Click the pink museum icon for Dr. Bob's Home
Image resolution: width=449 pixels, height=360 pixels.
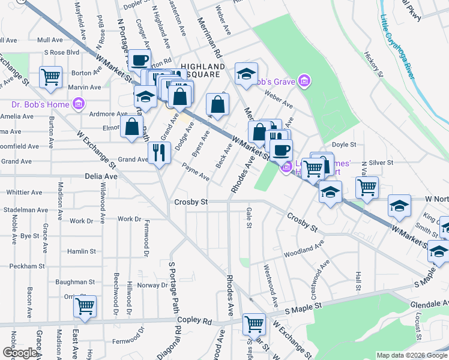coord(77,105)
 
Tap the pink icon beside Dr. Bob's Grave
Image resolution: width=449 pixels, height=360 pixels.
coord(304,81)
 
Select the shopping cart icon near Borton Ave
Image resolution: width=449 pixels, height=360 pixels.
coord(51,76)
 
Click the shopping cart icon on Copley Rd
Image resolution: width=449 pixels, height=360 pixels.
coord(254,324)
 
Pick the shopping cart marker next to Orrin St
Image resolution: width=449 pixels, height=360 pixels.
coord(85,305)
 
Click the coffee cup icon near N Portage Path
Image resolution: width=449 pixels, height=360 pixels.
coord(139,60)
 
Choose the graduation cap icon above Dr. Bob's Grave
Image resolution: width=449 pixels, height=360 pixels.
coord(245,73)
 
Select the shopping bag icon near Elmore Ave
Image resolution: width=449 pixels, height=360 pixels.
coord(131,127)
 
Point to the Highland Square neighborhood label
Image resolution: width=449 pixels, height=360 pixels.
coord(197,71)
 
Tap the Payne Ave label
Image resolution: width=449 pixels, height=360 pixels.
coord(196,174)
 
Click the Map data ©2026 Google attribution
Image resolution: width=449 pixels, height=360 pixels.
coord(411,355)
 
